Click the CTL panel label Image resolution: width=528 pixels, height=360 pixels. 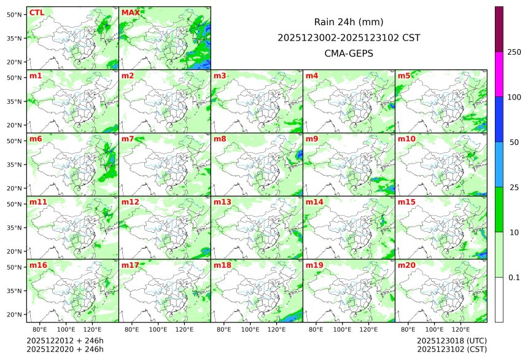(x=36, y=13)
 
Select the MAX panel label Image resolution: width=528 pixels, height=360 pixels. (x=130, y=13)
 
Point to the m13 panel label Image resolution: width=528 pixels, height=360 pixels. (x=222, y=202)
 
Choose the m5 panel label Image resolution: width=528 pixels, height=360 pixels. (x=404, y=76)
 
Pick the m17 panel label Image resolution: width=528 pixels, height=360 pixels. (x=130, y=265)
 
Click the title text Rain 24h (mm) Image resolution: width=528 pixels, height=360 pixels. (x=349, y=22)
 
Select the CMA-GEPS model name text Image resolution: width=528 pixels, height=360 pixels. (x=349, y=53)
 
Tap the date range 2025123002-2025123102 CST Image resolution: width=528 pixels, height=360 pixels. (x=349, y=37)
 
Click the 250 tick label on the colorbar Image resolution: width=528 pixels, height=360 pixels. (x=514, y=52)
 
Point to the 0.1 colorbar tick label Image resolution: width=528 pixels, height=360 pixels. (x=514, y=278)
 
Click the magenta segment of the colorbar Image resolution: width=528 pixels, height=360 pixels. (x=499, y=74)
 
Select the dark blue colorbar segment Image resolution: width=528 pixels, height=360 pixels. (x=499, y=119)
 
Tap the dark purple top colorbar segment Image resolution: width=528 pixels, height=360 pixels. (x=499, y=29)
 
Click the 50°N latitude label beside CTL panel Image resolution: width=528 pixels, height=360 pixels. (x=15, y=14)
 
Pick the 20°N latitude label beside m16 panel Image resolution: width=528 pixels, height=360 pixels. (x=15, y=315)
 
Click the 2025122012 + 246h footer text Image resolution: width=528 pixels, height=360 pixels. (x=65, y=340)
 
